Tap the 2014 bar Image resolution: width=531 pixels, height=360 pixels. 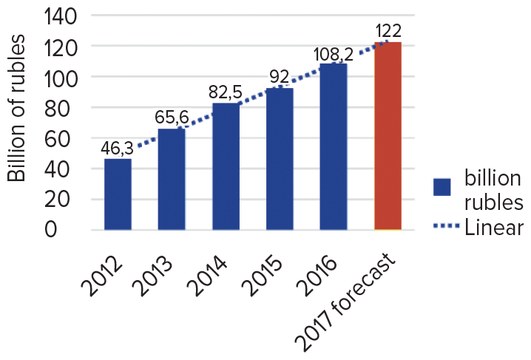(x=226, y=167)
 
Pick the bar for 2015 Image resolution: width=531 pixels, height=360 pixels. (x=280, y=159)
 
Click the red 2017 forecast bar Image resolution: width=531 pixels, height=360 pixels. (x=388, y=136)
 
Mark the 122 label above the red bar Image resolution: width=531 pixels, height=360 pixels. (x=388, y=32)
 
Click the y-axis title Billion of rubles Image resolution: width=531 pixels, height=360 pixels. (x=17, y=109)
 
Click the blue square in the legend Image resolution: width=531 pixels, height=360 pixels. (x=443, y=187)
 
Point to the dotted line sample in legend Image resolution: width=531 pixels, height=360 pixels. (x=443, y=228)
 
